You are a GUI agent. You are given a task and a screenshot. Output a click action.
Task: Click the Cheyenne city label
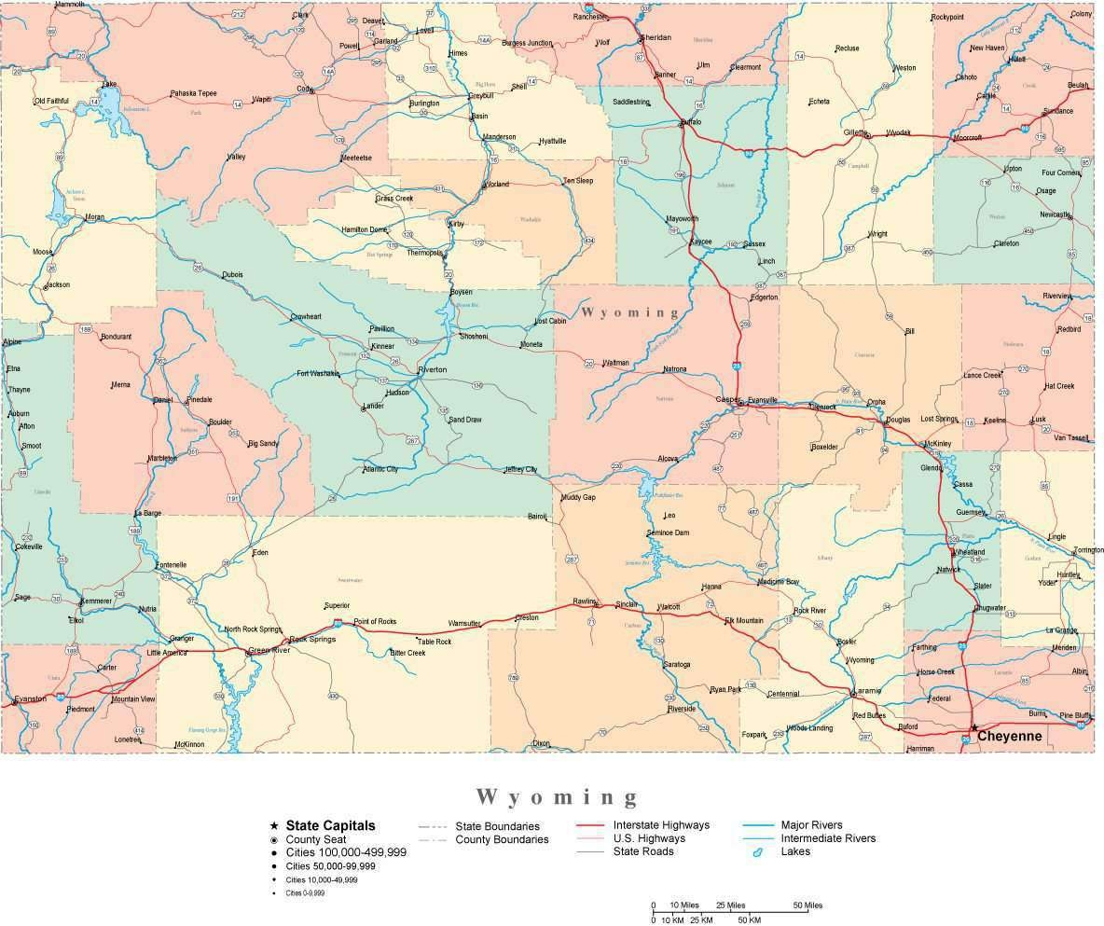1009,737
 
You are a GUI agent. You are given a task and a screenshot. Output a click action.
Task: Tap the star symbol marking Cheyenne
973,727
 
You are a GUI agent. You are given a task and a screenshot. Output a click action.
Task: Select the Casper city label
727,399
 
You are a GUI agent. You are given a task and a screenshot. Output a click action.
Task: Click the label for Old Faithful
52,101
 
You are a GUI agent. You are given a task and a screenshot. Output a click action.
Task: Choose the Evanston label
30,698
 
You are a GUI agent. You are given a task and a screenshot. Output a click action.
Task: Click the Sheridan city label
655,37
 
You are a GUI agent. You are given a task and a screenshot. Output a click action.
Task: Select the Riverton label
433,369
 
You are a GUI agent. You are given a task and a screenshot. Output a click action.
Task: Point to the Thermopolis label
424,253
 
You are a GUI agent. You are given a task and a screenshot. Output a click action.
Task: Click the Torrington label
1088,550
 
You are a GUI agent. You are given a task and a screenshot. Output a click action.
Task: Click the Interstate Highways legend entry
660,825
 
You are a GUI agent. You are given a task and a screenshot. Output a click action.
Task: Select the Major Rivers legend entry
811,825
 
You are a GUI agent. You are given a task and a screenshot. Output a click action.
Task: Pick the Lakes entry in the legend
795,851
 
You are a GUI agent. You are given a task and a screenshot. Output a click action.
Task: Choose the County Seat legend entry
316,839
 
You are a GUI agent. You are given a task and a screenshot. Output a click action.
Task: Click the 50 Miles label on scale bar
807,905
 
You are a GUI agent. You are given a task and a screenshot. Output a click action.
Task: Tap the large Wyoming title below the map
558,796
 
